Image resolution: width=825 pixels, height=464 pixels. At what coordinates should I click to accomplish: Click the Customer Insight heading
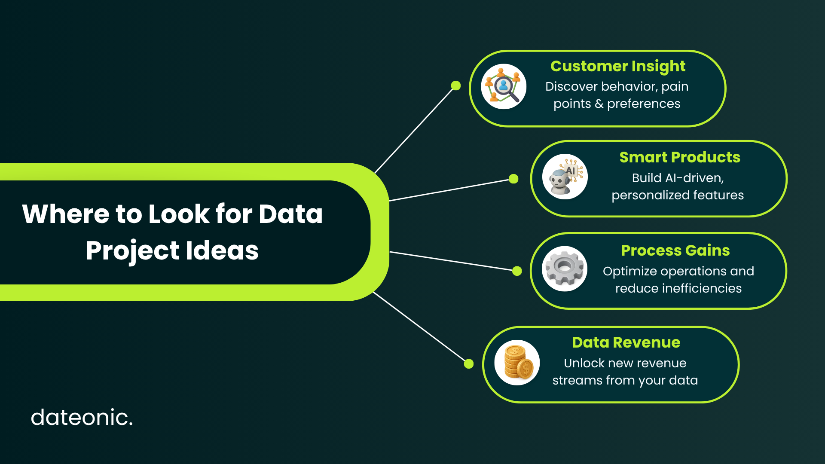click(618, 67)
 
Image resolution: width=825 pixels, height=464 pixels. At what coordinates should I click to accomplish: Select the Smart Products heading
click(680, 157)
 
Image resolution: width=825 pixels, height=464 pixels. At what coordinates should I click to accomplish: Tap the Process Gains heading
click(675, 250)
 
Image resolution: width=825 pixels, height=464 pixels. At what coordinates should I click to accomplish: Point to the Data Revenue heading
click(626, 342)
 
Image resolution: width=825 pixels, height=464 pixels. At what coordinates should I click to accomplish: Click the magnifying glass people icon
click(504, 86)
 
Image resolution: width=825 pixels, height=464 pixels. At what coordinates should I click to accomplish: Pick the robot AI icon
click(565, 177)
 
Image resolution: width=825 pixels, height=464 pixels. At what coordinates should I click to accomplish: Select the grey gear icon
click(565, 269)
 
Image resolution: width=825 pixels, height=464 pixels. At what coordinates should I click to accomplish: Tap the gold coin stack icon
click(517, 363)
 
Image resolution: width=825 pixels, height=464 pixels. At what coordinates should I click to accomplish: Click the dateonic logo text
click(82, 417)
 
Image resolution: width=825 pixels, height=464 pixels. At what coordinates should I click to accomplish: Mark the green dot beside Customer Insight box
click(456, 86)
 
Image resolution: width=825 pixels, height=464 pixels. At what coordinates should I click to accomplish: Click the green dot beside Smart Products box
click(513, 179)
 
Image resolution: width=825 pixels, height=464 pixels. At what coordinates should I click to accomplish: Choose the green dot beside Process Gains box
click(517, 271)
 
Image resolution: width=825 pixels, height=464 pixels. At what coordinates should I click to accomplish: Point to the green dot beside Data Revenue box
click(469, 364)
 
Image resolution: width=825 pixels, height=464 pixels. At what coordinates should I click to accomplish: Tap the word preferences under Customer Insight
click(644, 104)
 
